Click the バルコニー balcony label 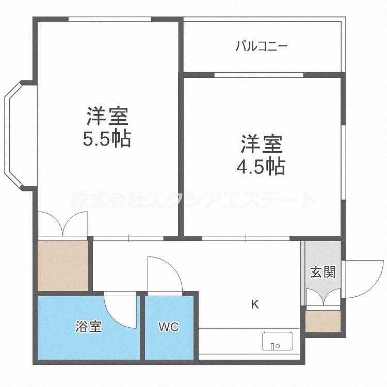[x=262, y=46]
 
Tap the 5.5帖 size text [x=107, y=139]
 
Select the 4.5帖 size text [x=261, y=167]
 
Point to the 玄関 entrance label [x=323, y=272]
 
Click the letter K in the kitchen [x=255, y=304]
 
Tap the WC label [x=169, y=327]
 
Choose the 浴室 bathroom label [x=89, y=326]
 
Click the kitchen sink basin [x=278, y=341]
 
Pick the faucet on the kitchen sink [x=273, y=346]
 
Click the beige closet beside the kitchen [x=62, y=266]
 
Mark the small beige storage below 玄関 [x=323, y=321]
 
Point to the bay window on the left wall [x=15, y=136]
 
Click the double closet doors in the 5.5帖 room [x=62, y=223]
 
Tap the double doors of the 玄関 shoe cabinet [x=324, y=297]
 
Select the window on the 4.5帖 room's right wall [x=343, y=163]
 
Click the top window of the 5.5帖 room [x=109, y=19]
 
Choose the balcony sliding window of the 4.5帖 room [x=259, y=75]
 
